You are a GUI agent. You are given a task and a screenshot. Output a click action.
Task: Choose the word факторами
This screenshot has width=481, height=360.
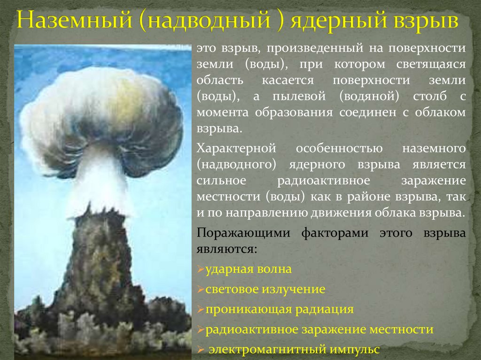pos(334,233)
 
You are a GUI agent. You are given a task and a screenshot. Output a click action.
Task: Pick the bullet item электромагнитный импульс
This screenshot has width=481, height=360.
pos(294,350)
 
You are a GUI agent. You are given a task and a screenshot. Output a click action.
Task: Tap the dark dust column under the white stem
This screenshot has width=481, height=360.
pos(99,263)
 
